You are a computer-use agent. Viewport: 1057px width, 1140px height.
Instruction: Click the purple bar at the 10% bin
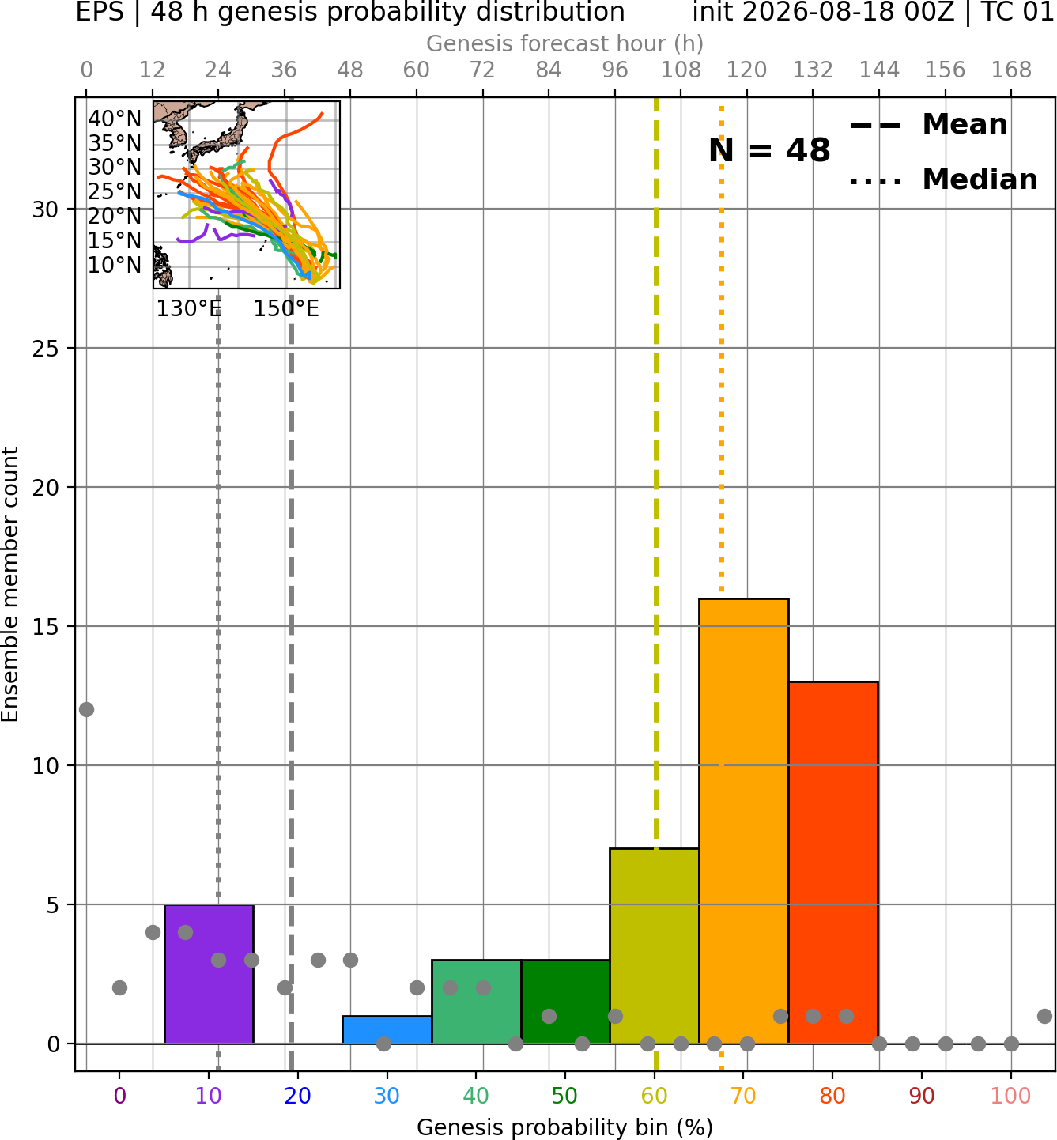[x=209, y=974]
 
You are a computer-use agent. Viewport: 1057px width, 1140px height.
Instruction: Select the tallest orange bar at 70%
[x=744, y=821]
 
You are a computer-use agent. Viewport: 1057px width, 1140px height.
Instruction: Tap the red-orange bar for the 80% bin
[x=833, y=863]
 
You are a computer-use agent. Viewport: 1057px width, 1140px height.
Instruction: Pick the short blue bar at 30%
[x=387, y=1030]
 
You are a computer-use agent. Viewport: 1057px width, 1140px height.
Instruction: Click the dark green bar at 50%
[x=565, y=1002]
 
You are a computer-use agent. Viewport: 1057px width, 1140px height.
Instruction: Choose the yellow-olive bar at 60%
[x=655, y=946]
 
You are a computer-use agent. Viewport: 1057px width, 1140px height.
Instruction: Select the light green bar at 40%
[x=477, y=1002]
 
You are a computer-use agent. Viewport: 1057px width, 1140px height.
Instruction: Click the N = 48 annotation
[x=769, y=150]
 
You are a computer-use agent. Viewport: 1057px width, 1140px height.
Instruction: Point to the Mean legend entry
[x=928, y=125]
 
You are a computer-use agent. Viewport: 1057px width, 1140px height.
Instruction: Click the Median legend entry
[x=943, y=179]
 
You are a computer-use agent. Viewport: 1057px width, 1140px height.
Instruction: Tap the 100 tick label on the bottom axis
[x=1011, y=1096]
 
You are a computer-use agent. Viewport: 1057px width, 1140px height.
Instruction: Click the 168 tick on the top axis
[x=1011, y=70]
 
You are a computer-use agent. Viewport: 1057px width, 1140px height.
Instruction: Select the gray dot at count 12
[x=86, y=710]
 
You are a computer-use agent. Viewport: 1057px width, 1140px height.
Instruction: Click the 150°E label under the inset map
[x=286, y=309]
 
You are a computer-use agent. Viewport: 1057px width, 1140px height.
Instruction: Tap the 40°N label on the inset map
[x=115, y=119]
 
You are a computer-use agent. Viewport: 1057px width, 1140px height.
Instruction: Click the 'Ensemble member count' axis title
[x=9, y=585]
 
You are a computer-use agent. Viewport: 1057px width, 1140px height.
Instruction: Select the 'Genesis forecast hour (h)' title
[x=565, y=43]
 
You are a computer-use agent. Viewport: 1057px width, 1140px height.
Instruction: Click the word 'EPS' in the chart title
[x=100, y=12]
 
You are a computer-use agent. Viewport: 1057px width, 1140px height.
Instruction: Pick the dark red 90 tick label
[x=922, y=1096]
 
